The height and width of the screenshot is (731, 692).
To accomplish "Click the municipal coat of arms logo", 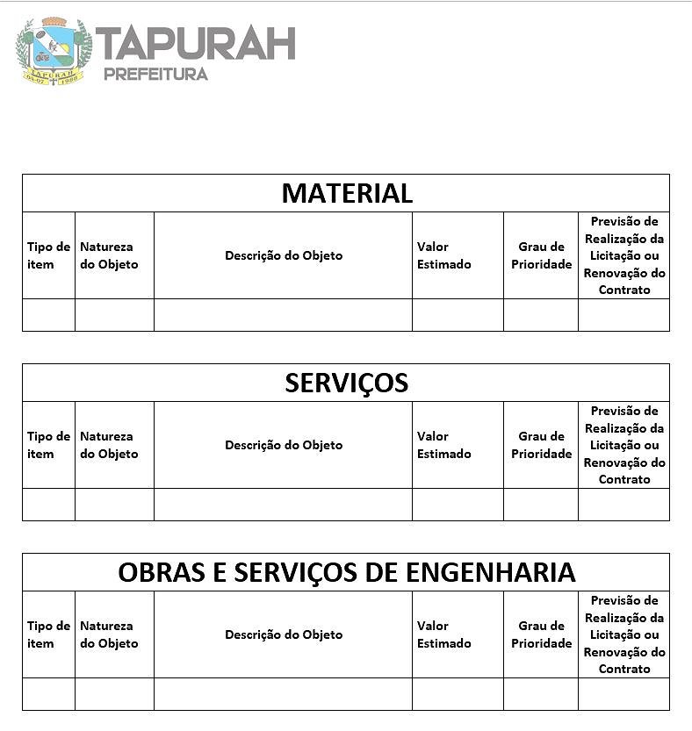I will point(54,50).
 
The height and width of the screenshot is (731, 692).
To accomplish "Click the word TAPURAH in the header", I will point(195,44).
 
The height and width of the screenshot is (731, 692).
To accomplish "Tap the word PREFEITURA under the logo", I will point(155,74).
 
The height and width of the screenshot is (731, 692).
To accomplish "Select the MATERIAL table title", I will point(347,193).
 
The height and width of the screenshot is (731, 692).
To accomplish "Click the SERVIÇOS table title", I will point(347,383).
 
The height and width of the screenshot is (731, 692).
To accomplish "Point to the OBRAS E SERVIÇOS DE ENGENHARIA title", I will point(347,572).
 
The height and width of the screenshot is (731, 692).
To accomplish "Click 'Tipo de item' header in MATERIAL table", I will point(48,255).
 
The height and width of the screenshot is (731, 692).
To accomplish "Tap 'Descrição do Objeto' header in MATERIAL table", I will point(284,255).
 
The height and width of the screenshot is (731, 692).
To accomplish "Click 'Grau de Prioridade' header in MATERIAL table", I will point(541,255).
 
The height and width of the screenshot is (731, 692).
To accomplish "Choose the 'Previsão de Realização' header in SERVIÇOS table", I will point(624,445).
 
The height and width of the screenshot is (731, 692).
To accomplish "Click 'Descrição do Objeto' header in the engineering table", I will point(284,634).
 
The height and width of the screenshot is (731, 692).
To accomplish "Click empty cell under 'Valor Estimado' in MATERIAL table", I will point(458,315).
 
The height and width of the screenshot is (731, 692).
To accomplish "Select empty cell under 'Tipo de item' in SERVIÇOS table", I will point(48,505).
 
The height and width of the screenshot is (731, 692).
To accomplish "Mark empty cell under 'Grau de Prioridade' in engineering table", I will point(541,694).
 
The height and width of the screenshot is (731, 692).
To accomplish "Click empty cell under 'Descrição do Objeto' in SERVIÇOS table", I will point(284,505).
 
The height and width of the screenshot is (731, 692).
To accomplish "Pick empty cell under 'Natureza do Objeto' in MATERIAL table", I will point(114,315).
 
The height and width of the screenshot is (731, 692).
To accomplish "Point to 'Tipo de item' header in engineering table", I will point(48,634).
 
